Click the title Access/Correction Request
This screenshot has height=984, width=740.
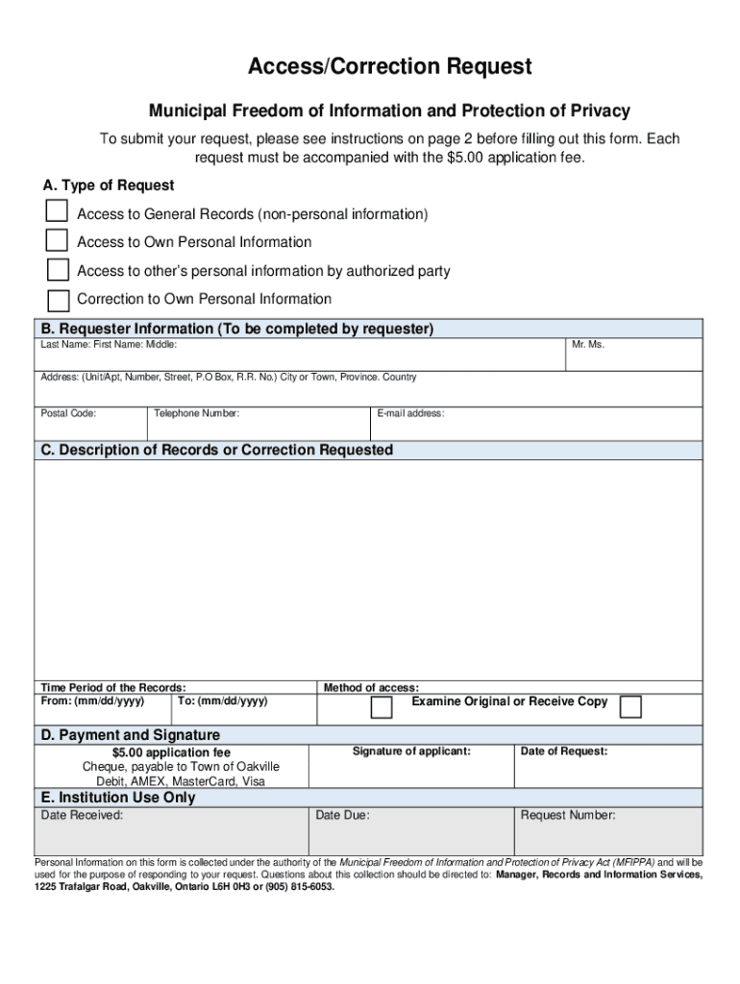click(389, 66)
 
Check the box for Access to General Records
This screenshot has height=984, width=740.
click(58, 211)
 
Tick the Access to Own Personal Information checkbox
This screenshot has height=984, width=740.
click(58, 240)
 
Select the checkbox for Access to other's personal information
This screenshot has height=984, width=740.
click(58, 270)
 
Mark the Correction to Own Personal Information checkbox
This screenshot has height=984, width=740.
click(58, 299)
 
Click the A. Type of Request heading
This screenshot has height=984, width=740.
click(109, 185)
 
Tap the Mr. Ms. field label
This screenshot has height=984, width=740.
click(588, 344)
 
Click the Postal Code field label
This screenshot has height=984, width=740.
click(68, 413)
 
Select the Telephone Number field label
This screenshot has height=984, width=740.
click(197, 413)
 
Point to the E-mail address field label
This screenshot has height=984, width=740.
click(410, 413)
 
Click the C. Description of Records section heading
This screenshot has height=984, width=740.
click(216, 450)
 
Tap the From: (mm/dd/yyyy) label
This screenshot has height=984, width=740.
click(92, 701)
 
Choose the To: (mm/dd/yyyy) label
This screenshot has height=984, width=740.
click(223, 701)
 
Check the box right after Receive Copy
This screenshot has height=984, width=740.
click(630, 707)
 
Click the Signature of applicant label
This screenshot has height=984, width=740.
click(411, 750)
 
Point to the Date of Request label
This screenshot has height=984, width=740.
click(564, 750)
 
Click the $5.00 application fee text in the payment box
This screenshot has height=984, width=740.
click(171, 752)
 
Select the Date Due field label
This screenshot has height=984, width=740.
click(342, 815)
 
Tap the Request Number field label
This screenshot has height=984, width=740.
click(568, 815)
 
